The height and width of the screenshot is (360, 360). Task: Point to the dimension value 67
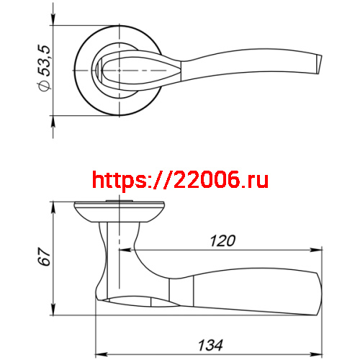[x=44, y=256]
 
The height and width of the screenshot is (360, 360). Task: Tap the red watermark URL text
[x=180, y=180]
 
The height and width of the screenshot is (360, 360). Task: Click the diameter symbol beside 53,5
[x=45, y=86]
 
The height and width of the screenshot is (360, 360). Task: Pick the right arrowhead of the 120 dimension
[x=316, y=251]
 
